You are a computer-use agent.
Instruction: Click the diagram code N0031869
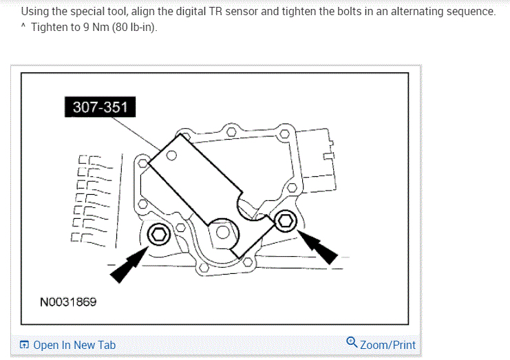68,301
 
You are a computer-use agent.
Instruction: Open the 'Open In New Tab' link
74,345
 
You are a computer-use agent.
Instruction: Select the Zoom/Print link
387,344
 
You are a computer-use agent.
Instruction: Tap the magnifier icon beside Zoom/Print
352,343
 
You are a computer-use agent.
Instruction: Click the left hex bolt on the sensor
159,235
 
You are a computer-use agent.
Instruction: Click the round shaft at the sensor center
224,233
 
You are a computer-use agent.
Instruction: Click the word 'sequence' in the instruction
469,12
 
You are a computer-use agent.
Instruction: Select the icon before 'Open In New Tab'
25,345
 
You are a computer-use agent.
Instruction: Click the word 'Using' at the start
34,12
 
